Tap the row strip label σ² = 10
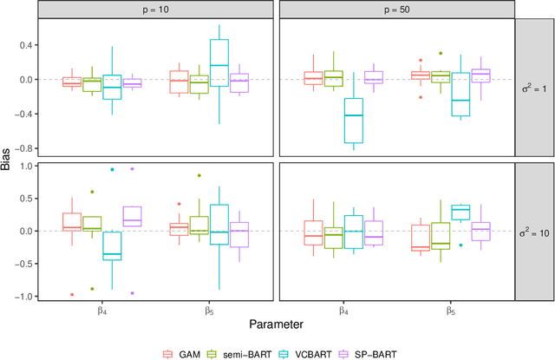(534, 231)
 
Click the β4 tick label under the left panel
(101, 309)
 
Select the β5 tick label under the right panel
(451, 309)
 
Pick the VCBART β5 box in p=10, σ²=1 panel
(219, 62)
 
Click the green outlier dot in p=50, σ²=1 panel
(441, 53)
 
